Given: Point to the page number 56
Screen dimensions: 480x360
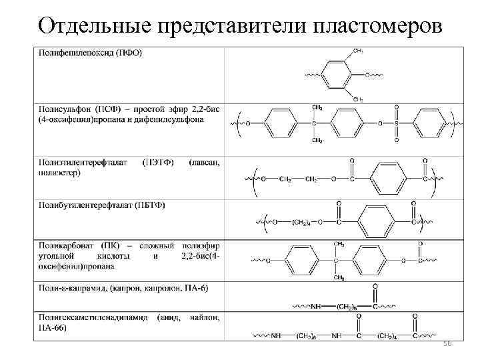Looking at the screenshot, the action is click(447, 342).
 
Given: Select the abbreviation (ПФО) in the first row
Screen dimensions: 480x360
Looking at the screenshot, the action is click(127, 53).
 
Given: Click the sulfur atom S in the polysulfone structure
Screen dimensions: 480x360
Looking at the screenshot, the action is click(397, 123).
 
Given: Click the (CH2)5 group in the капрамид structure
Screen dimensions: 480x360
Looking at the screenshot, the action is click(347, 307).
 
